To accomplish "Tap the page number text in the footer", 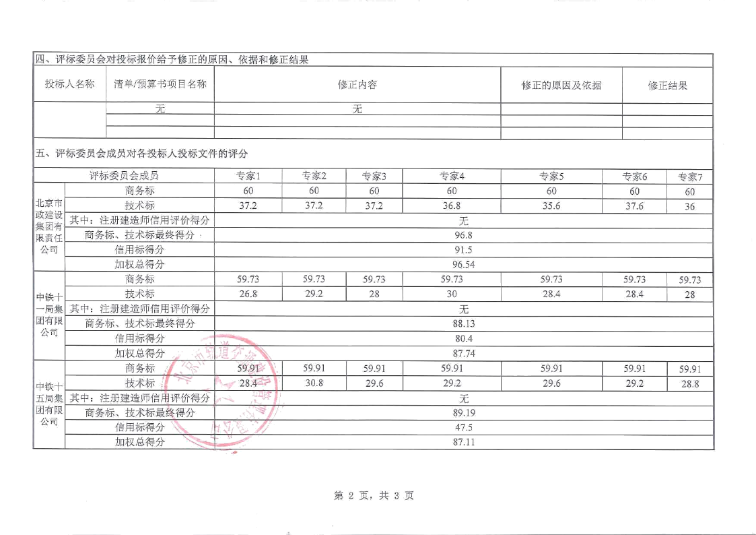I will [374, 497].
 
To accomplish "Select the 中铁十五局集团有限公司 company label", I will [48, 404].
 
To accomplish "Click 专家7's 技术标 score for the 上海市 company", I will [689, 206].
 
